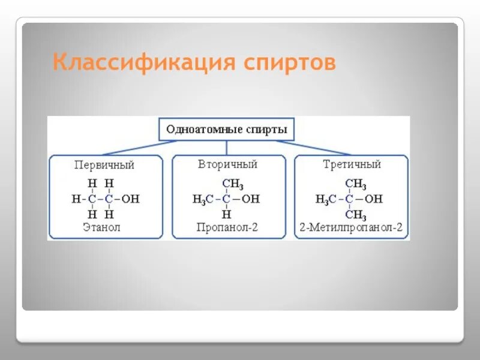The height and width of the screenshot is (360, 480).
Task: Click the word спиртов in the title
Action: [290, 62]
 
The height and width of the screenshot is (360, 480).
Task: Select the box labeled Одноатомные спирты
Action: [226, 129]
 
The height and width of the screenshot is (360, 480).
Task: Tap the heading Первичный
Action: [104, 164]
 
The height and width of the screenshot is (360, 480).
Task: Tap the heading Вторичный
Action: [227, 164]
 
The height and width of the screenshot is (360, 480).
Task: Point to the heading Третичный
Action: [352, 164]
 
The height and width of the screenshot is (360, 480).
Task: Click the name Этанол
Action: [101, 227]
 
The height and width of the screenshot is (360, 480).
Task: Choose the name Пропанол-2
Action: [226, 227]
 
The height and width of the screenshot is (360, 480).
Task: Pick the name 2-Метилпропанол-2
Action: [351, 227]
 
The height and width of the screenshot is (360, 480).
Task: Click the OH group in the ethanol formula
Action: [130, 199]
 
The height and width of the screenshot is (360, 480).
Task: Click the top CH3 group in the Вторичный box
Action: [232, 184]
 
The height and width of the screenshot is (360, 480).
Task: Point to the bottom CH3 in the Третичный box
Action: [355, 214]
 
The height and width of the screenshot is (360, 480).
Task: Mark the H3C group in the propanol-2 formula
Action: [203, 199]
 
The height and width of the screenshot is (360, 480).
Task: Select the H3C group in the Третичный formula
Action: [326, 199]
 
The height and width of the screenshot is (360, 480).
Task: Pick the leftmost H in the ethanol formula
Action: [75, 199]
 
